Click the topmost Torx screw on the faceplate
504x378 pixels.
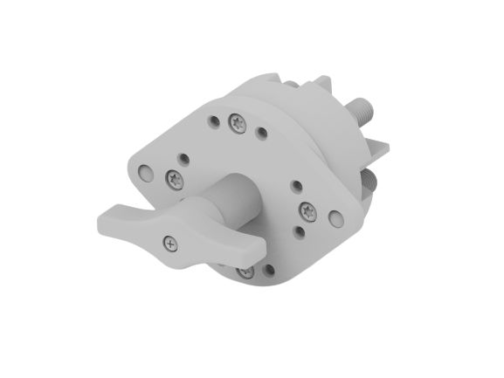[x=238, y=123]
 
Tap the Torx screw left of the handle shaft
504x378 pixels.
[x=175, y=180]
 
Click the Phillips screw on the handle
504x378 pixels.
[x=169, y=243]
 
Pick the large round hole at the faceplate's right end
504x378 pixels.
[x=335, y=217]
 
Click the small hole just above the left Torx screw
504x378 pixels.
[x=183, y=158]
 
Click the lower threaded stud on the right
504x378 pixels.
[x=371, y=180]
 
